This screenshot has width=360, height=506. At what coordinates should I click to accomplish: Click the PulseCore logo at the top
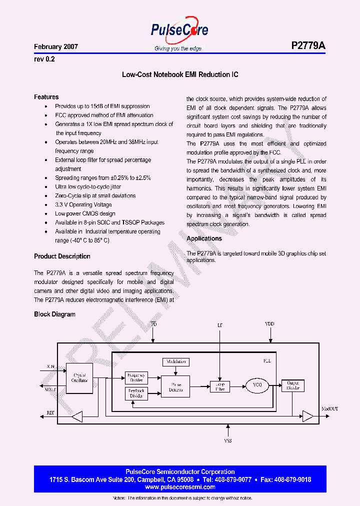tap(179, 31)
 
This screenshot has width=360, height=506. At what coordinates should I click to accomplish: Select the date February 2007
tap(56, 46)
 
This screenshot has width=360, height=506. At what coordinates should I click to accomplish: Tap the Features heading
tap(46, 97)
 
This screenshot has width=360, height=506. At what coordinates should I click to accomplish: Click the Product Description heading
tap(62, 256)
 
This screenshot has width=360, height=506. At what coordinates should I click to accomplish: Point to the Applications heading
tap(204, 238)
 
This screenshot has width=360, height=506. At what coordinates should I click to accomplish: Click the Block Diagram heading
tap(54, 314)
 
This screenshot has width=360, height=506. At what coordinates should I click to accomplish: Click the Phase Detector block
tap(175, 386)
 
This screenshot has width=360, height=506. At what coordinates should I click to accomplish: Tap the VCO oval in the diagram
tap(257, 385)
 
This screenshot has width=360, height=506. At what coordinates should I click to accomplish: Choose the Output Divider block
tap(292, 385)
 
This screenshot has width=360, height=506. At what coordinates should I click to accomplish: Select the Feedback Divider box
tap(136, 393)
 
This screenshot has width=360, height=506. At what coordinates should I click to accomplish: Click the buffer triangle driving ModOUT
tap(307, 416)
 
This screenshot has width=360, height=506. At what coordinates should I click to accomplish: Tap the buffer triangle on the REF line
tap(77, 416)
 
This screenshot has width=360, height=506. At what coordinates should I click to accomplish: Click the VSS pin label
tap(227, 441)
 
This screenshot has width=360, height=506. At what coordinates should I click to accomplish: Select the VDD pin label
tap(269, 324)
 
